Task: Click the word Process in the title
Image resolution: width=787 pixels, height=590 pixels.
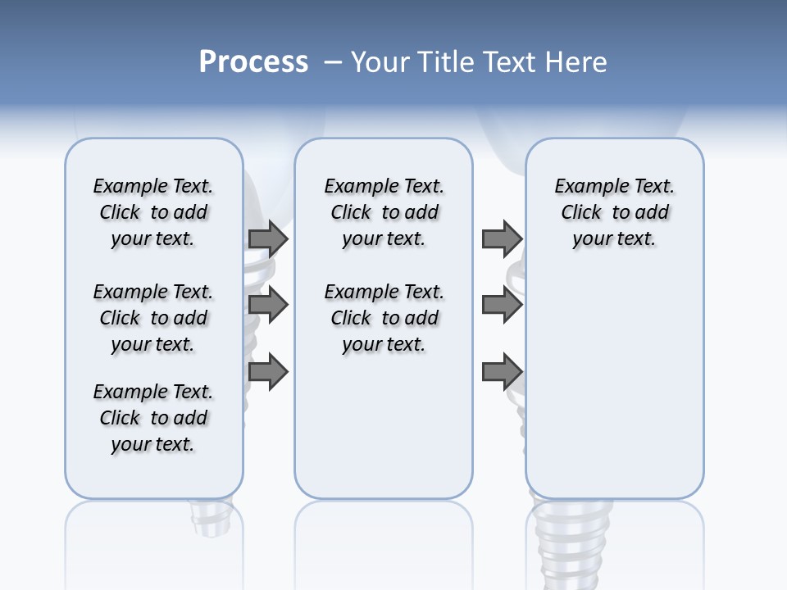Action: pos(253,61)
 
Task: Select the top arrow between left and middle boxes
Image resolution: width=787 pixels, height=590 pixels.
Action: pos(267,238)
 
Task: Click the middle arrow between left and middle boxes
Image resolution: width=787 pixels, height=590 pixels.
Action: pos(267,306)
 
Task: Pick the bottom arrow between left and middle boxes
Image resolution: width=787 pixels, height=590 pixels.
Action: pos(267,372)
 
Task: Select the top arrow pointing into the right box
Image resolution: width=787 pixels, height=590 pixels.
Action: pos(501,238)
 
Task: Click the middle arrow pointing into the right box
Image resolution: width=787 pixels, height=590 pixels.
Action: pos(501,306)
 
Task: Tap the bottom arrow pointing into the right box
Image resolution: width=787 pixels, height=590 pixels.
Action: pos(501,372)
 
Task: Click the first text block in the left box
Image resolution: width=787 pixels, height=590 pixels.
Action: pos(153,212)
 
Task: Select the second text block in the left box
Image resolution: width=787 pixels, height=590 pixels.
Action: pos(153,318)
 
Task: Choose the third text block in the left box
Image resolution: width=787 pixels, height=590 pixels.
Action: pos(153,418)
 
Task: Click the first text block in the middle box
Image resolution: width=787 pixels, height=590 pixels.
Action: pos(384,212)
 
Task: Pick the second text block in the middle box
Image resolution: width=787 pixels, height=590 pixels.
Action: pos(384,318)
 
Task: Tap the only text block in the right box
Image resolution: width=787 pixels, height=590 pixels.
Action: pos(614,212)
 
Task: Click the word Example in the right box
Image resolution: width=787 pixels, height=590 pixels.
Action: pos(585,186)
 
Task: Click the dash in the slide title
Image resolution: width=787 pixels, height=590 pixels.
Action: pos(333,61)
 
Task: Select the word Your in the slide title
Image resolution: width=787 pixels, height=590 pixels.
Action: pos(380,61)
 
